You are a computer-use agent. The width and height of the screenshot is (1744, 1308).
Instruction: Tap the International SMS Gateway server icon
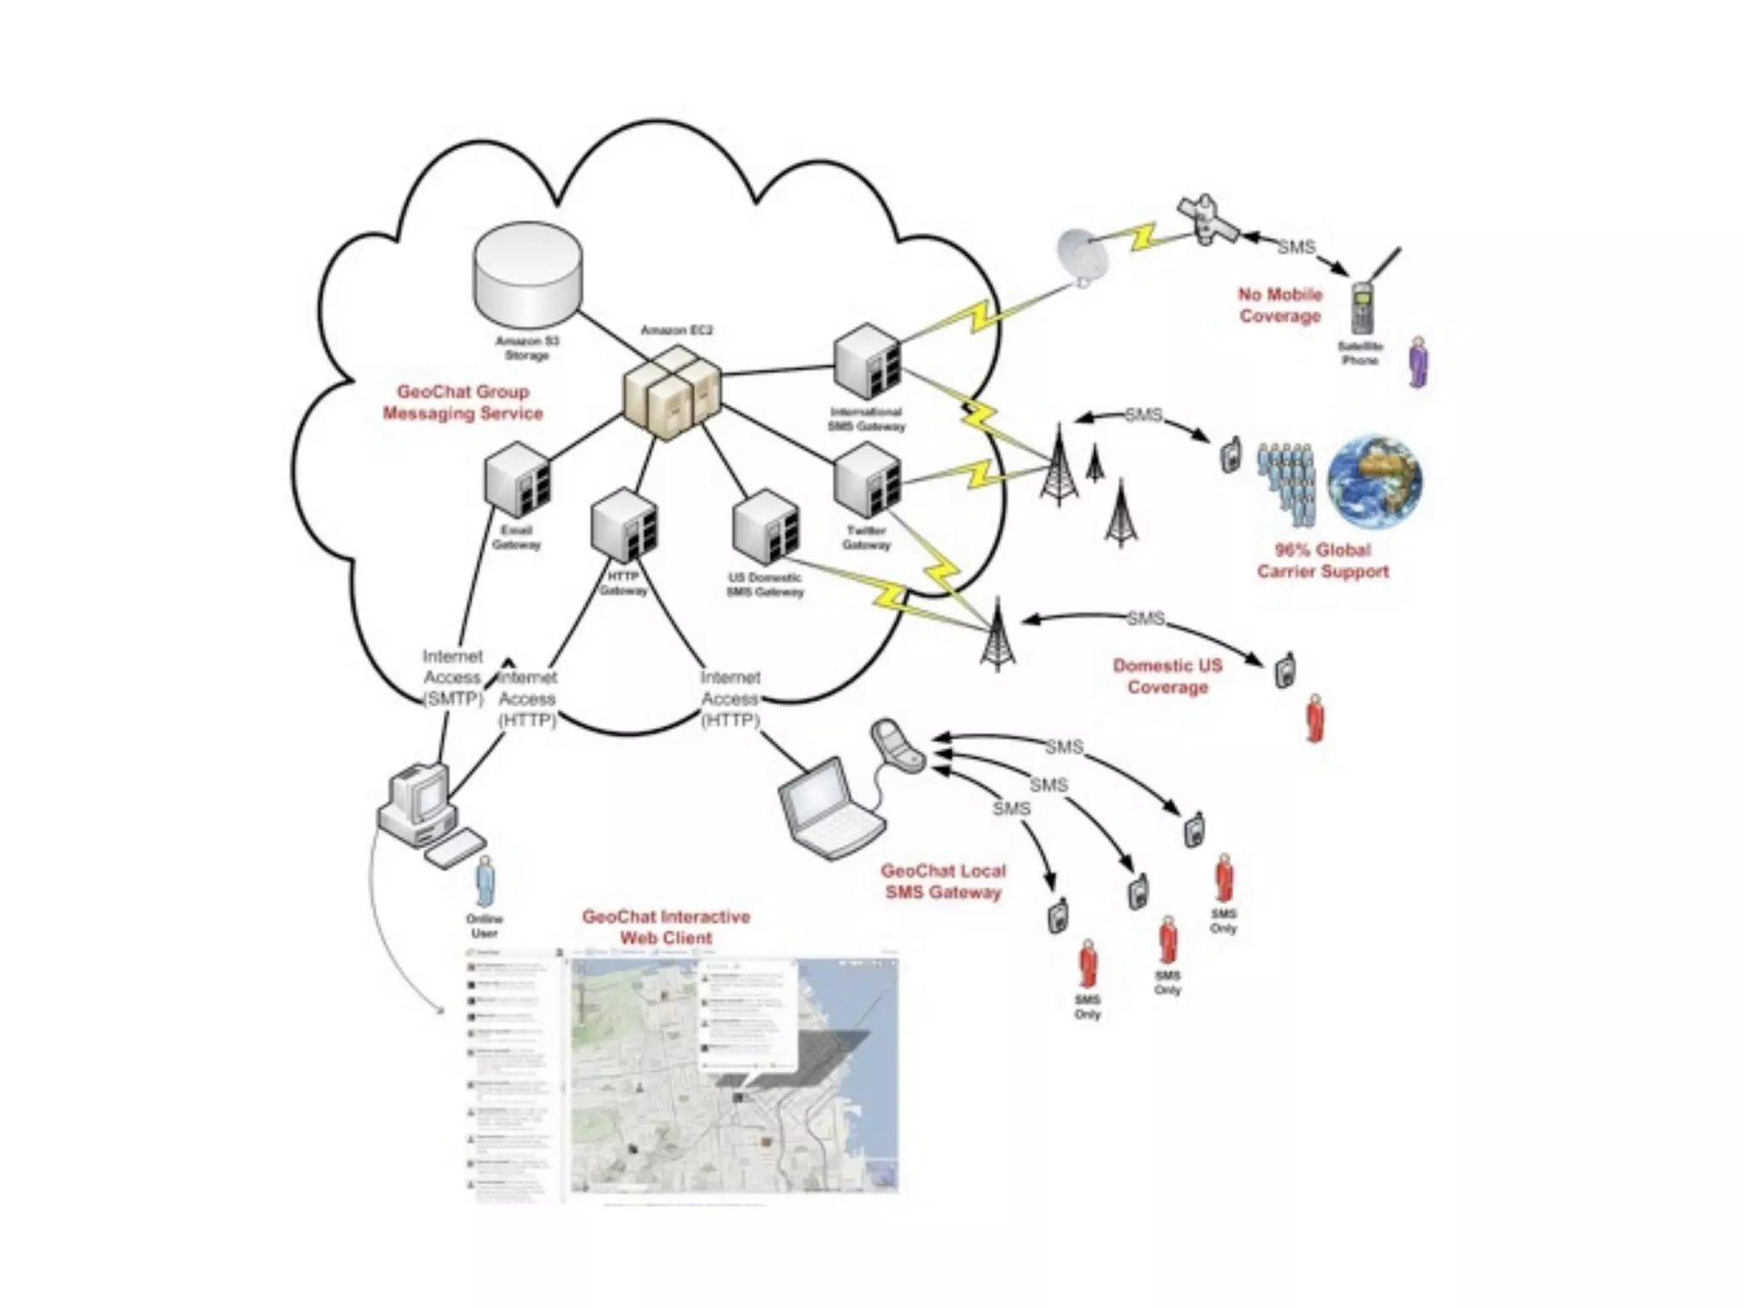click(x=867, y=362)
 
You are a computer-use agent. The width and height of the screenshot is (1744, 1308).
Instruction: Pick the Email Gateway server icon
click(x=517, y=480)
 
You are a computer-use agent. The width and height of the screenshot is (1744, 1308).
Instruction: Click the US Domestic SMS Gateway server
click(x=766, y=527)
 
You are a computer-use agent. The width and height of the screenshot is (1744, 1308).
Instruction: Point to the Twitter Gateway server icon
click(x=867, y=480)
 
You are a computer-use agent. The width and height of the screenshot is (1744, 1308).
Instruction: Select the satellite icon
click(x=1208, y=221)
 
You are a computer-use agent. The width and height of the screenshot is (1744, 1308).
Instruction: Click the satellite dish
click(x=1083, y=256)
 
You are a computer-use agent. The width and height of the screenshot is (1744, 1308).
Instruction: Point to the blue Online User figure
click(x=485, y=882)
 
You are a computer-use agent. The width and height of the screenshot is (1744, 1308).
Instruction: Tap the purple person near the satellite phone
click(x=1419, y=361)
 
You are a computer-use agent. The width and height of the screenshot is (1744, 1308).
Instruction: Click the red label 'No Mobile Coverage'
click(x=1280, y=305)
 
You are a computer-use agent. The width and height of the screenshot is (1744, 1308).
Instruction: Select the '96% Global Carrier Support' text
click(x=1322, y=560)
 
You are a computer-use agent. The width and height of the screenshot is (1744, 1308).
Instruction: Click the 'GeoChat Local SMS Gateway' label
click(x=943, y=881)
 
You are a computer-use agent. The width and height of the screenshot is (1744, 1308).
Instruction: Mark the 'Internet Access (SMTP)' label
click(x=452, y=678)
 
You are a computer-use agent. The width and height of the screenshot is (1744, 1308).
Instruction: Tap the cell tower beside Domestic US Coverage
click(x=997, y=634)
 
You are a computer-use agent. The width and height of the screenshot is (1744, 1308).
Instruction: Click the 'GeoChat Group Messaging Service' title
click(x=462, y=403)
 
